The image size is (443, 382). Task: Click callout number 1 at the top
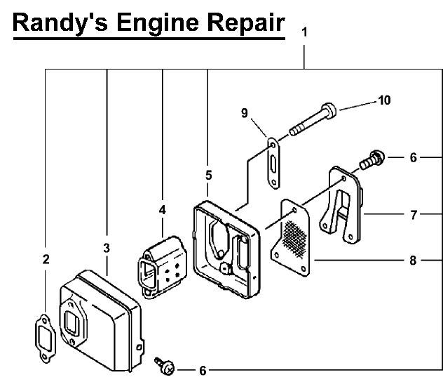pyautogui.click(x=304, y=32)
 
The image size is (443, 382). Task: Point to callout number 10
pyautogui.click(x=384, y=100)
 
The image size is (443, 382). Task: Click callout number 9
pyautogui.click(x=245, y=112)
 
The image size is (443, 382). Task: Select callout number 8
pyautogui.click(x=414, y=261)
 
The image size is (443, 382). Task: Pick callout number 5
pyautogui.click(x=208, y=175)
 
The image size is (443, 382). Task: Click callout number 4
pyautogui.click(x=162, y=209)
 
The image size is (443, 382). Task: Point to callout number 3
pyautogui.click(x=107, y=247)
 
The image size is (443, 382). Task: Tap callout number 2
pyautogui.click(x=46, y=259)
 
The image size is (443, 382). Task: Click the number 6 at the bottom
pyautogui.click(x=203, y=370)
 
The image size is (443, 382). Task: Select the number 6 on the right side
pyautogui.click(x=414, y=158)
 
